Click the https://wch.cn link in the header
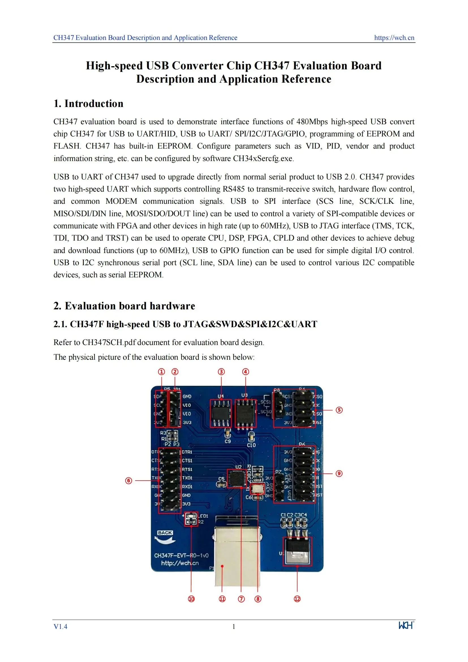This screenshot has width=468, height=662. [394, 38]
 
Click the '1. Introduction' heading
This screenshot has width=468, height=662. [88, 104]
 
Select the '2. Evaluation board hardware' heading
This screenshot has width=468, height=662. [124, 306]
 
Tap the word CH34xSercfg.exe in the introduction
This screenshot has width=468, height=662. [263, 158]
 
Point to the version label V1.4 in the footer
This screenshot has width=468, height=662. [60, 627]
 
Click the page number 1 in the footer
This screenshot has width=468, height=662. [234, 627]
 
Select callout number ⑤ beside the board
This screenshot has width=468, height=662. [339, 410]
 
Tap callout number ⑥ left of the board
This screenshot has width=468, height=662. [128, 481]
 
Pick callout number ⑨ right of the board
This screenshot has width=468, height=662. [339, 474]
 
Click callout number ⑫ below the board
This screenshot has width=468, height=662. [297, 599]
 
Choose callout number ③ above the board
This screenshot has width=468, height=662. [221, 372]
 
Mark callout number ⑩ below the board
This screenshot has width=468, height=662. [191, 599]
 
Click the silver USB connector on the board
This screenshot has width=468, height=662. [237, 555]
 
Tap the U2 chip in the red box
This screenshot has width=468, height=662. [237, 479]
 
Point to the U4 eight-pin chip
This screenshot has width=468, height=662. [221, 413]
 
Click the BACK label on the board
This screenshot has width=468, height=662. [165, 533]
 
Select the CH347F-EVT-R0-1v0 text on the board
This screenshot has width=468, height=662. [181, 555]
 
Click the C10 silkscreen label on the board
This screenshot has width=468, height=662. [251, 445]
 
